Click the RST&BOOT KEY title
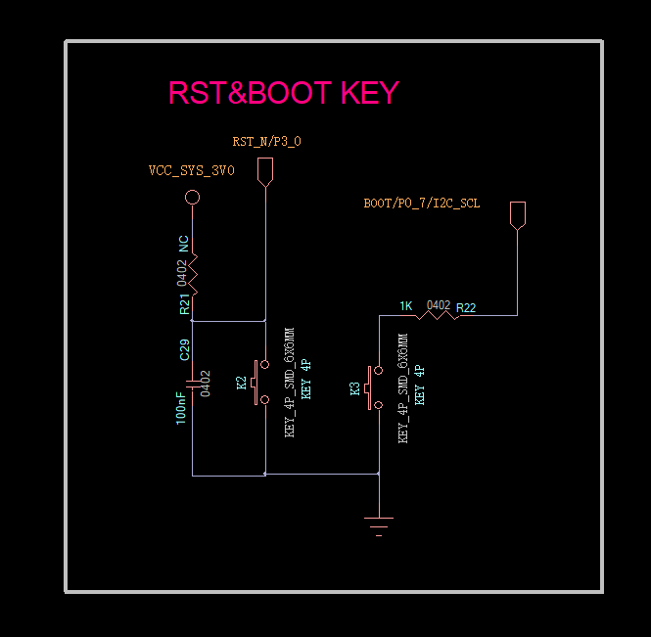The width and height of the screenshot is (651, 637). pos(284,93)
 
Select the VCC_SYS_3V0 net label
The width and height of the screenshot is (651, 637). pos(192,170)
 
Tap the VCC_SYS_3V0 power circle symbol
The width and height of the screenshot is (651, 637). pos(192,197)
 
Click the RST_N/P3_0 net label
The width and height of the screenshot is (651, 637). pos(266,142)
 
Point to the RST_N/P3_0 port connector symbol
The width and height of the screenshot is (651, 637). pos(265,172)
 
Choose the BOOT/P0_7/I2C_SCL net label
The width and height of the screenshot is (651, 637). pos(422,204)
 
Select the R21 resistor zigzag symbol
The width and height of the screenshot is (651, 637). pos(193,274)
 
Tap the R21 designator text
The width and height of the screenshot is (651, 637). pos(184,304)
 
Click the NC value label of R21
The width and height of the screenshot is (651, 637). pos(183,244)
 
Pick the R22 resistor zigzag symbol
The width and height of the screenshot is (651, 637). pos(438,316)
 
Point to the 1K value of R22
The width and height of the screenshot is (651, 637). pos(406,306)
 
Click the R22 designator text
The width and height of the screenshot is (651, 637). pos(466,308)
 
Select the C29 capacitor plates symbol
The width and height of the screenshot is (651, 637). pos(192,385)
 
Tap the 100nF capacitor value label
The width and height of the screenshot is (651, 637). pos(180,408)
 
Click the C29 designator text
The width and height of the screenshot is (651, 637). pos(185,350)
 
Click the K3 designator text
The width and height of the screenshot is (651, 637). pos(354,388)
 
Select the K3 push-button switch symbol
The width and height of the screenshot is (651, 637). pos(375,387)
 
